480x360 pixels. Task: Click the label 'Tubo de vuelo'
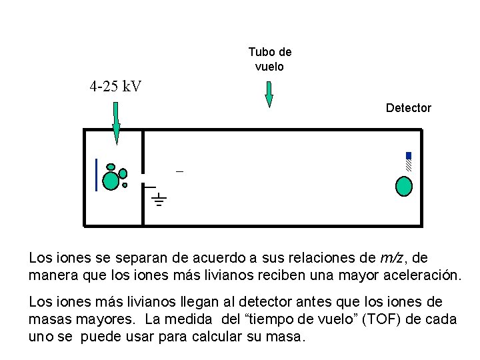click(269, 59)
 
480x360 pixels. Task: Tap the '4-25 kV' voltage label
click(115, 87)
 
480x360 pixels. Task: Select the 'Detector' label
click(408, 108)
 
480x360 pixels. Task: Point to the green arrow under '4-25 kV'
click(116, 123)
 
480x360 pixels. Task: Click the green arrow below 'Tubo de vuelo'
click(269, 94)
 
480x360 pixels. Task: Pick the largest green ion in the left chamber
click(111, 181)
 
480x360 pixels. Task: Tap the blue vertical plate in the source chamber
click(97, 175)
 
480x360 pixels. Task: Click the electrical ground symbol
click(159, 198)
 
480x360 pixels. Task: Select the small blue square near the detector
click(409, 156)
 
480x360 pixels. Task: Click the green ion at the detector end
click(404, 186)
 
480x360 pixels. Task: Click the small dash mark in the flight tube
click(179, 172)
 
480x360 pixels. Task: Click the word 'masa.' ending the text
click(287, 337)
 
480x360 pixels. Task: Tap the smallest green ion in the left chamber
click(125, 185)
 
